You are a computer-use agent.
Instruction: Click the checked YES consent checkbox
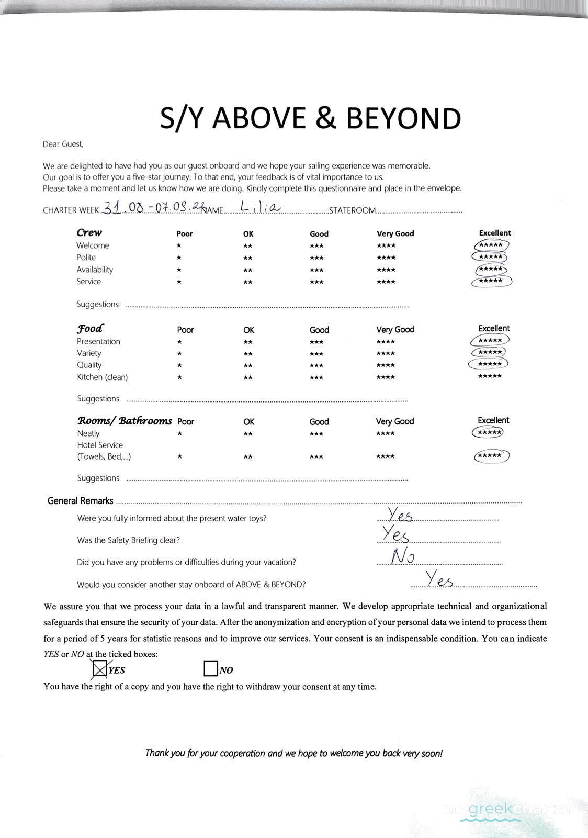coord(99,669)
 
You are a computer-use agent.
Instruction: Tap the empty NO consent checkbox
coord(210,669)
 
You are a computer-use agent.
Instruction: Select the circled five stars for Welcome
coord(491,245)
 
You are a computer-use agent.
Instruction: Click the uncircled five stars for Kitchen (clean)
coord(490,376)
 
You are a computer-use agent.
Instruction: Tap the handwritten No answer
coord(403,556)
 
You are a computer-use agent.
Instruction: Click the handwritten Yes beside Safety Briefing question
coord(395,534)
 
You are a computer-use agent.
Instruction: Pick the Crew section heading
coord(89,232)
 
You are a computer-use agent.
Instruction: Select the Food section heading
coord(90,329)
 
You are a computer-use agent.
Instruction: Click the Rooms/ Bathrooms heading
coord(125,421)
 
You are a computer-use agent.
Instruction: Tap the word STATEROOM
coord(352,210)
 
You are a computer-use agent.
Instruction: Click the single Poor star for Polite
coord(179,258)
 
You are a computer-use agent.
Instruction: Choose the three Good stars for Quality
coord(316,365)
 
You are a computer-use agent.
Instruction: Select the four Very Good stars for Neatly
coord(386,434)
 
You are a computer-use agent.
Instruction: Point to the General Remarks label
coord(80,501)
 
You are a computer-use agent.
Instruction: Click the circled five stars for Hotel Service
coord(491,456)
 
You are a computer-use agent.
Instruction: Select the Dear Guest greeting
coord(63,144)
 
